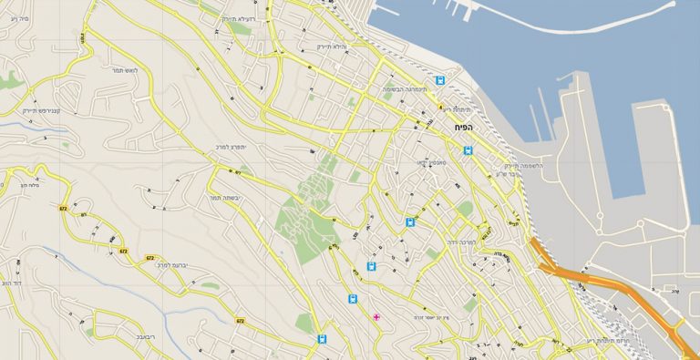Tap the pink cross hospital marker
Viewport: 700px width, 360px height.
[376, 316]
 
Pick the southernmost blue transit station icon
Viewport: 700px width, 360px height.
[321, 338]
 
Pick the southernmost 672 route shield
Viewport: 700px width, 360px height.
[240, 321]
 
